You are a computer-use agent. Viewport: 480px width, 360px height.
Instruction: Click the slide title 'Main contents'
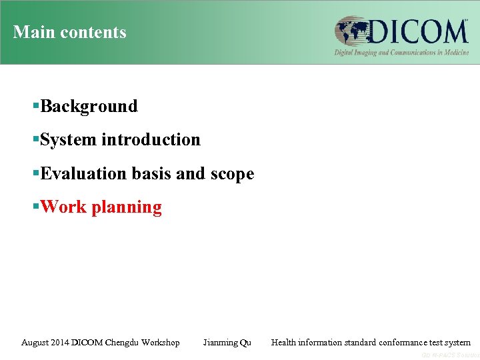pos(69,32)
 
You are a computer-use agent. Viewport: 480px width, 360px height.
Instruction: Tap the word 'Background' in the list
pos(89,106)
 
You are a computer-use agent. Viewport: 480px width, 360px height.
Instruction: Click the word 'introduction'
pos(151,139)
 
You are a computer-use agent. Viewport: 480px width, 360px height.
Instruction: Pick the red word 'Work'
pos(63,207)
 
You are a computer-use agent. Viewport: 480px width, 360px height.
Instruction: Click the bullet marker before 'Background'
pos(36,106)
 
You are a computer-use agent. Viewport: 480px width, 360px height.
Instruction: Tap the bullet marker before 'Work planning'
pos(36,207)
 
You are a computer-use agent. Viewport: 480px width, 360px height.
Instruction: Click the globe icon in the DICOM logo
pos(353,32)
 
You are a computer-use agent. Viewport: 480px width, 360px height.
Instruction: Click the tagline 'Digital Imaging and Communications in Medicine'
pos(401,52)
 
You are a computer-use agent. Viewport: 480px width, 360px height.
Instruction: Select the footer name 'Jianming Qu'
pos(227,343)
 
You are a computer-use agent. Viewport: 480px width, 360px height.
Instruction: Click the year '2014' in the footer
pos(64,343)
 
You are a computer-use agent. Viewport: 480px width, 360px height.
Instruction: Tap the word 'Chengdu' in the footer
pos(123,343)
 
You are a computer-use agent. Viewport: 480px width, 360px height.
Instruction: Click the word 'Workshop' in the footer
pos(161,343)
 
